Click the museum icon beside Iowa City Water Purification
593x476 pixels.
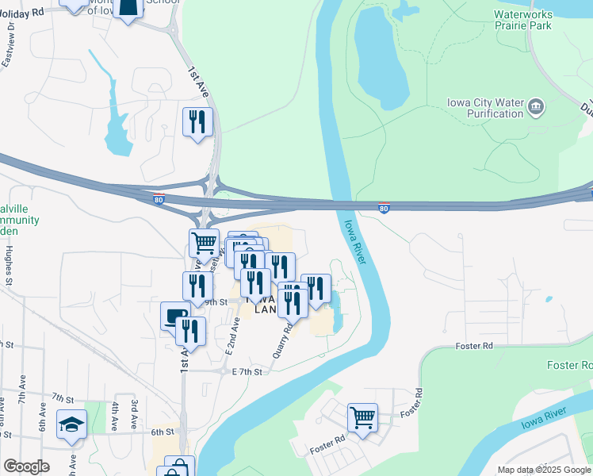coord(537,107)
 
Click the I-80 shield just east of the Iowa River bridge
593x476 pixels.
coord(384,209)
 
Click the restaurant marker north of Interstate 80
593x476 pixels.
coord(197,122)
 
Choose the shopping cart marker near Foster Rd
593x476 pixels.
coord(362,416)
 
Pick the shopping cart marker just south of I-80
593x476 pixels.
coord(204,243)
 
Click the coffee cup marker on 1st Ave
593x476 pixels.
coord(174,316)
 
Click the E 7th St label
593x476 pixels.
coord(247,371)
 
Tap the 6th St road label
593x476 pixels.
coord(162,432)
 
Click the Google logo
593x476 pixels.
coord(26,466)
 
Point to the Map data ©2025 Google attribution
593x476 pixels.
coord(544,470)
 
